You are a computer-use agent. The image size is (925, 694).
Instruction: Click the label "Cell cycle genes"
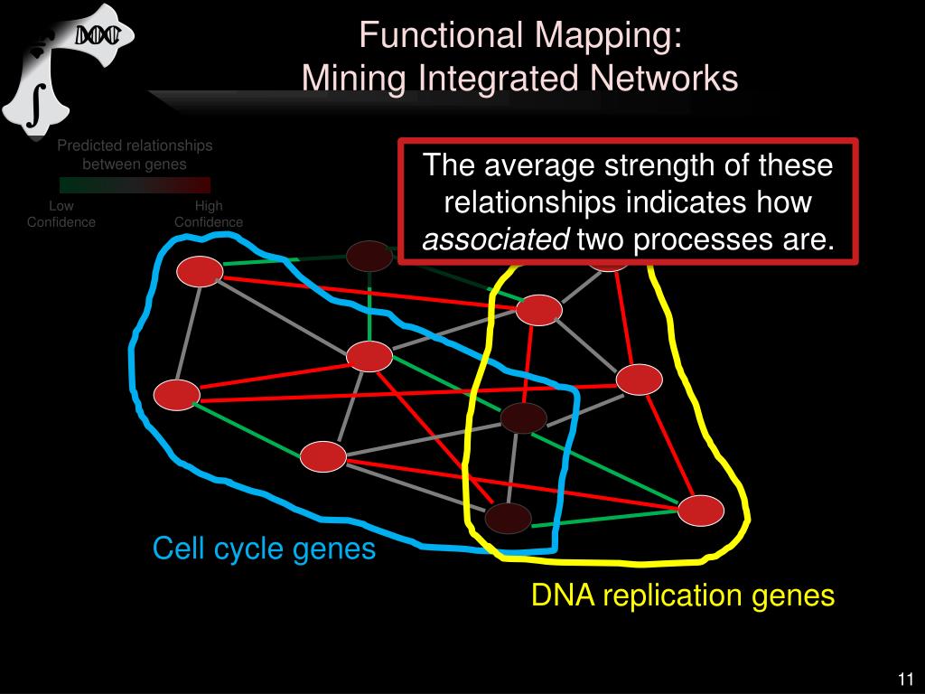click(264, 549)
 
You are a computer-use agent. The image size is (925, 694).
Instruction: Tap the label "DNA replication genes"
click(682, 596)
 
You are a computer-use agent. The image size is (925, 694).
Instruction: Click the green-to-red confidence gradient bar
click(135, 185)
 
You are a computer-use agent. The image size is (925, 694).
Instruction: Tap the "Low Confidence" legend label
click(61, 214)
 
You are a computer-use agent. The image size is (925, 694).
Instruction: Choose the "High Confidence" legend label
click(209, 214)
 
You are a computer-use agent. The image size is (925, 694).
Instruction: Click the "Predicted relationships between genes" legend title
click(135, 155)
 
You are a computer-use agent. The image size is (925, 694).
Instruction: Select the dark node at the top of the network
click(369, 256)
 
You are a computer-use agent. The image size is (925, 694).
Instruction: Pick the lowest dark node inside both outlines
click(508, 518)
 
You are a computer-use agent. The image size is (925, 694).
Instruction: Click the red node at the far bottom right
click(701, 511)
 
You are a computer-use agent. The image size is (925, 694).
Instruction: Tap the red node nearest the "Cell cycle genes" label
click(323, 456)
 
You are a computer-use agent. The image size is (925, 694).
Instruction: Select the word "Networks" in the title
click(663, 79)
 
